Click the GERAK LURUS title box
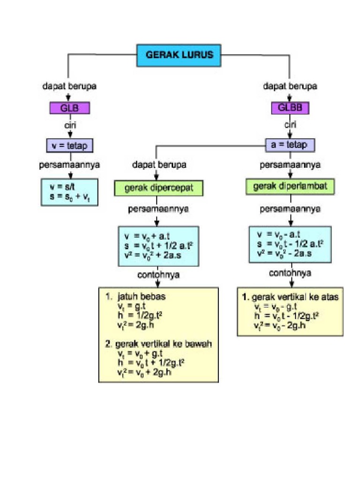pos(179,55)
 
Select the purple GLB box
pos(70,108)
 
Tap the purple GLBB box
pos(290,108)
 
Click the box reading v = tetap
pos(70,146)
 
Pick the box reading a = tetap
pos(290,145)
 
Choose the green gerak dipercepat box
pos(158,188)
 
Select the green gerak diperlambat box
pos(290,187)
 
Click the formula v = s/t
pos(62,187)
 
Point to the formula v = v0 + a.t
pos(147,236)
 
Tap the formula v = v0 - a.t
pos(278,234)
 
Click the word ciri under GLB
pos(70,125)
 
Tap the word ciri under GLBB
pos(290,125)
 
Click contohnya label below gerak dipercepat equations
pos(158,275)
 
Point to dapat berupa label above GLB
pos(69,86)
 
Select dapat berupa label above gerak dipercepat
pos(159,165)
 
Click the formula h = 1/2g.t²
pos(140,315)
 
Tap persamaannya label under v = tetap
pos(69,165)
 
